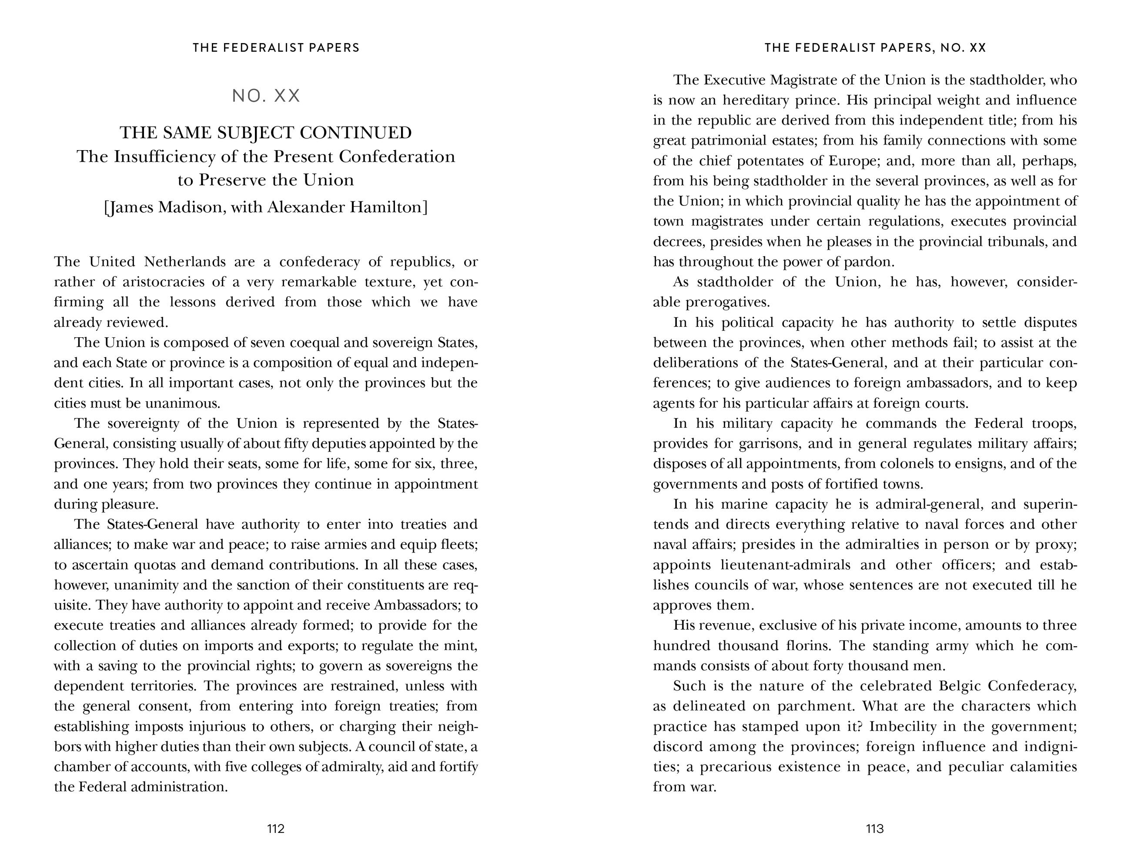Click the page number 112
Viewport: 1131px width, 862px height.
pyautogui.click(x=275, y=828)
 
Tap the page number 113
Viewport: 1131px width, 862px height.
pyautogui.click(x=874, y=828)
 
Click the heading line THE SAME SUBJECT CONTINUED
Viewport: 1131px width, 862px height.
pyautogui.click(x=266, y=133)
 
